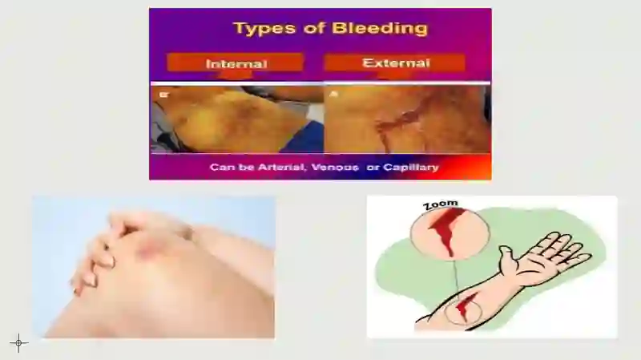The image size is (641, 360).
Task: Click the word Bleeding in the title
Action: click(x=380, y=28)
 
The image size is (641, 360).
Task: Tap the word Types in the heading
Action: click(x=264, y=29)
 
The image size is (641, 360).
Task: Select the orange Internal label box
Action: click(x=235, y=63)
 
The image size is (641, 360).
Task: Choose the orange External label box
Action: click(x=395, y=63)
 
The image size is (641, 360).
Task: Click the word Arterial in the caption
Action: click(x=281, y=168)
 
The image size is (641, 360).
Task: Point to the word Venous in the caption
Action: click(x=335, y=168)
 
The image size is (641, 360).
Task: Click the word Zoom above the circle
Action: click(x=440, y=204)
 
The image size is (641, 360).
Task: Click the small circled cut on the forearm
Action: click(x=463, y=307)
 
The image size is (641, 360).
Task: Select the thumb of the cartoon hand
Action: click(x=507, y=258)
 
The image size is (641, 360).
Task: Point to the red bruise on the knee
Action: click(x=148, y=248)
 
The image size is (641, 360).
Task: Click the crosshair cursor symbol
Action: click(x=18, y=343)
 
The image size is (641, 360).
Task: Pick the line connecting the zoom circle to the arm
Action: click(x=456, y=279)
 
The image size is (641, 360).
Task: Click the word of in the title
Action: click(x=314, y=28)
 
